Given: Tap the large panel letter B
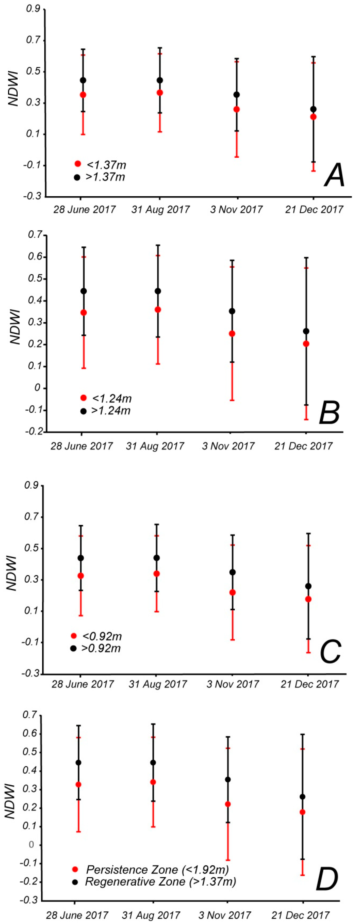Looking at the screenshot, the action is (329, 412).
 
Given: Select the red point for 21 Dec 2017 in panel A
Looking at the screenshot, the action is (313, 117).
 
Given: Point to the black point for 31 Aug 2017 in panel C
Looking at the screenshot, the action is (156, 558).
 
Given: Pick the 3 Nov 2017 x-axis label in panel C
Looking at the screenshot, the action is (232, 684).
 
